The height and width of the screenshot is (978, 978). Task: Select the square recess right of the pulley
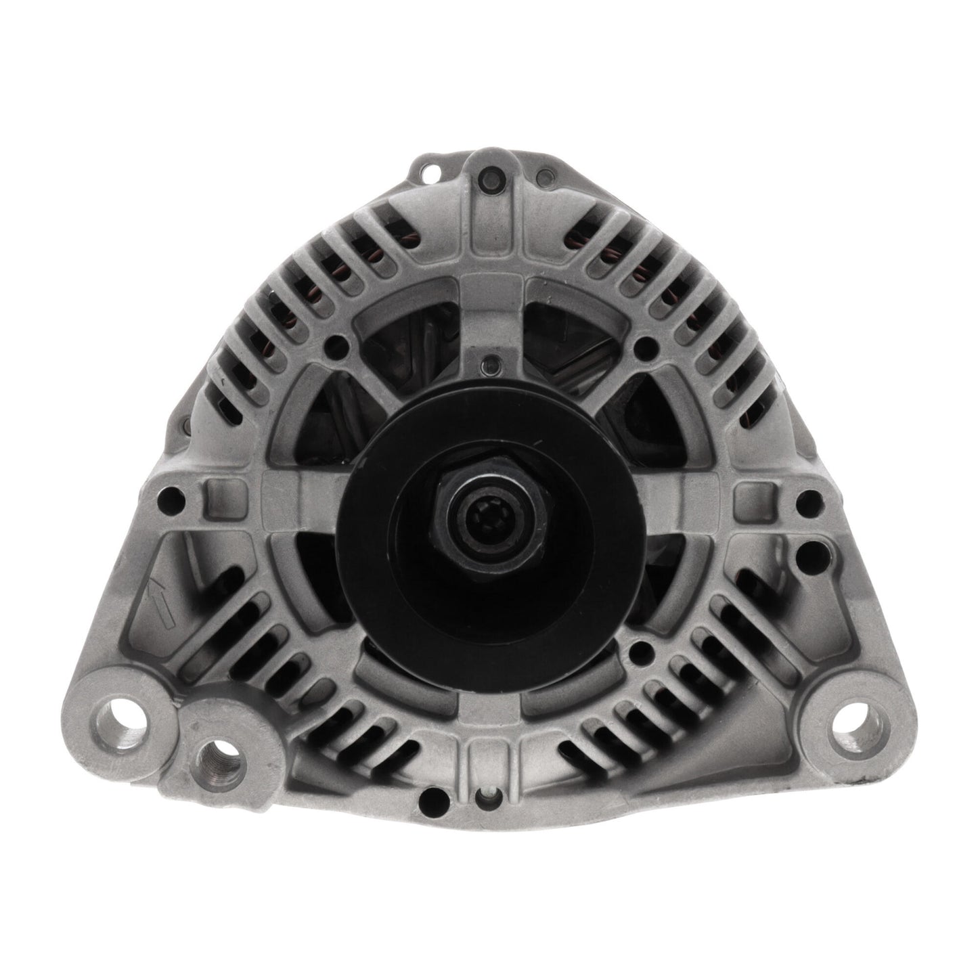point(749,493)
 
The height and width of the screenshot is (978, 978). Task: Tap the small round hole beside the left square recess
point(166,501)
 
